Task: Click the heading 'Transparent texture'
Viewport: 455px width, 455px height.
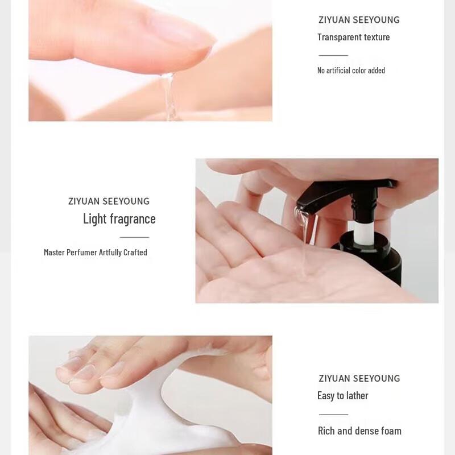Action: coord(353,38)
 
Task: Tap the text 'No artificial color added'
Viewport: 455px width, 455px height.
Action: coord(351,71)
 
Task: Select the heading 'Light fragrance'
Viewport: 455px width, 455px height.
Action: coord(119,219)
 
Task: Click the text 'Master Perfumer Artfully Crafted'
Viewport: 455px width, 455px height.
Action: coord(96,253)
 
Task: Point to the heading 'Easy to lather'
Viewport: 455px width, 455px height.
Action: coord(342,396)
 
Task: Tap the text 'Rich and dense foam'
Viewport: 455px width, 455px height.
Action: coord(359,431)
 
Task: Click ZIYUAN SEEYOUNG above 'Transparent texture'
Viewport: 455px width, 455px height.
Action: coord(359,20)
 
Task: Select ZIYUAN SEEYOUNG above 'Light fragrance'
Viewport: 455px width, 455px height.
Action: coord(109,201)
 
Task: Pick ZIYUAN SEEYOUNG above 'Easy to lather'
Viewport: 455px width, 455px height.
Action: coord(359,379)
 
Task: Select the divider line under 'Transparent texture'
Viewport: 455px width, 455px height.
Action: coord(333,56)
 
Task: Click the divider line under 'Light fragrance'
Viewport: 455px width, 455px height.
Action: coord(134,237)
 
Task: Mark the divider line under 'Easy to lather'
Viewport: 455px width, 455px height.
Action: coord(333,414)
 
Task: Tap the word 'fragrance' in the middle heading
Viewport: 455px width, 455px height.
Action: coord(133,219)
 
